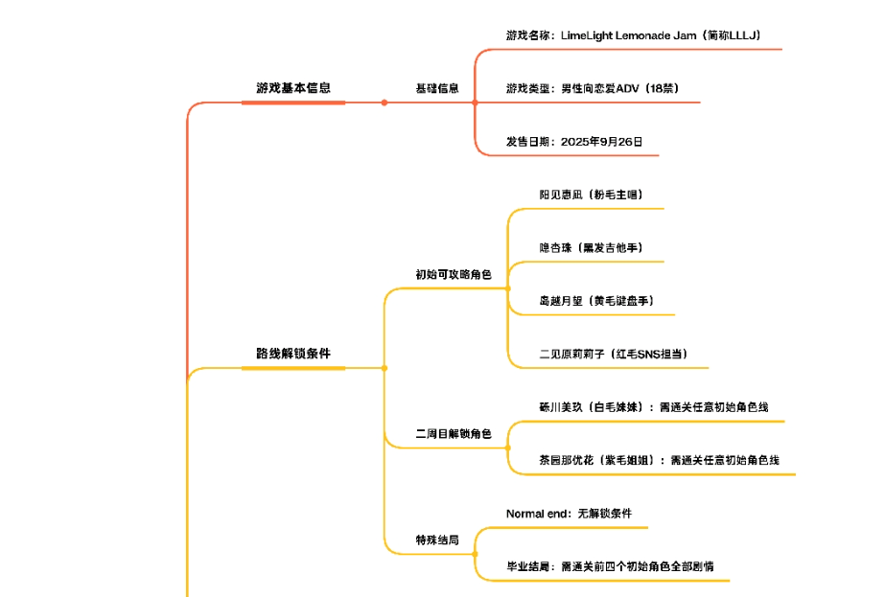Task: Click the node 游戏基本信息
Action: [293, 88]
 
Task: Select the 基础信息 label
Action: [436, 88]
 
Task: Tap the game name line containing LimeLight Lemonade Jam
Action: [633, 35]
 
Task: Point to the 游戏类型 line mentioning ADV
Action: [593, 88]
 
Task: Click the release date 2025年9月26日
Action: [574, 142]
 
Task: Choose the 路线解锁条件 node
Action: [293, 354]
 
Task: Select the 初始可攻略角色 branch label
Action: [453, 275]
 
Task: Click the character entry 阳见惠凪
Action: [590, 195]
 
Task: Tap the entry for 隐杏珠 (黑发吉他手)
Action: [590, 248]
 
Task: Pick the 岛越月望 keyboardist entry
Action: [595, 301]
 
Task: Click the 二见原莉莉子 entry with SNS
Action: [612, 354]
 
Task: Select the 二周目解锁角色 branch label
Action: [453, 434]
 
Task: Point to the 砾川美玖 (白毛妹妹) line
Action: [653, 407]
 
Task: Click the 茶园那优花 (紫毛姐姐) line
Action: [659, 460]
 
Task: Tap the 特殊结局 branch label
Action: [436, 540]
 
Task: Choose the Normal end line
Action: [569, 514]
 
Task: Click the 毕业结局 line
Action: [610, 566]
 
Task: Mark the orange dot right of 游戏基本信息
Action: [384, 103]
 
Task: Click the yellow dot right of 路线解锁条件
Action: [384, 368]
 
